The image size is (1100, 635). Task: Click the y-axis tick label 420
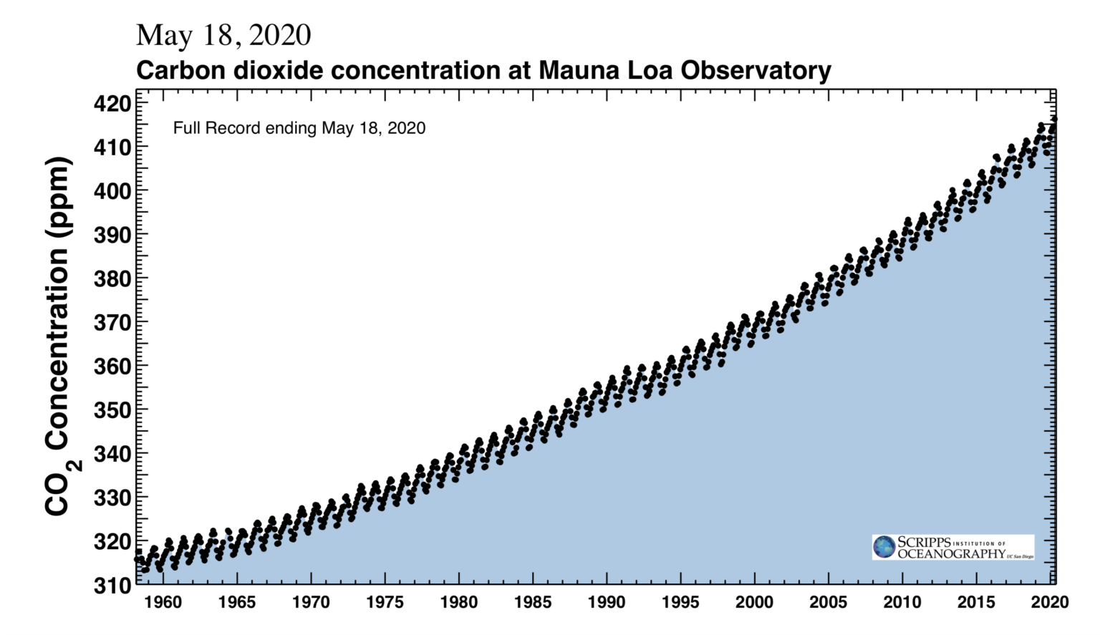click(x=112, y=104)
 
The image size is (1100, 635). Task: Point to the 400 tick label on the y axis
click(x=112, y=191)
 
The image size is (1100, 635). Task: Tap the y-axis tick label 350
click(x=112, y=410)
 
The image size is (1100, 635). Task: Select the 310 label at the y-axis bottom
click(x=112, y=586)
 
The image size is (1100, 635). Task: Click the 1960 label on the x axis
click(x=163, y=602)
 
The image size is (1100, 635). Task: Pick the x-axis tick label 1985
click(x=533, y=602)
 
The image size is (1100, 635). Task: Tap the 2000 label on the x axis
click(x=754, y=602)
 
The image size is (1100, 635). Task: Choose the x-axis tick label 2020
click(x=1050, y=602)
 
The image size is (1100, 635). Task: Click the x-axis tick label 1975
click(x=385, y=602)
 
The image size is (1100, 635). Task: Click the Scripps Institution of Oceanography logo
click(x=952, y=548)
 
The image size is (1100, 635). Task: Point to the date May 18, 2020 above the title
click(x=223, y=35)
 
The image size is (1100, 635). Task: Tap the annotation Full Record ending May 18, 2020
click(x=299, y=128)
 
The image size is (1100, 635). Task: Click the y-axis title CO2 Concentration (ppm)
click(x=59, y=336)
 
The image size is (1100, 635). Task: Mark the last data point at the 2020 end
click(x=1054, y=120)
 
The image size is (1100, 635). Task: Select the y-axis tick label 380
click(x=112, y=278)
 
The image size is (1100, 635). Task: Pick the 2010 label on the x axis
click(x=902, y=602)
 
